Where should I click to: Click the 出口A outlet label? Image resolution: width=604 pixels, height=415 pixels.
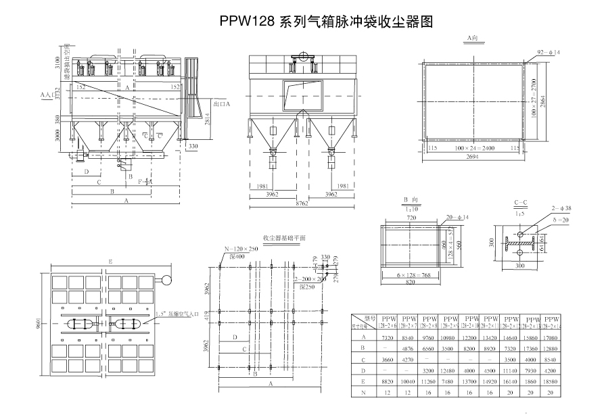click(222, 105)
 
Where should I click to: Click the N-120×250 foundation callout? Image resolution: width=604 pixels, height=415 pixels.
click(239, 249)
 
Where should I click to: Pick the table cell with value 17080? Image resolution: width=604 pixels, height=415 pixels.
click(553, 336)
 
